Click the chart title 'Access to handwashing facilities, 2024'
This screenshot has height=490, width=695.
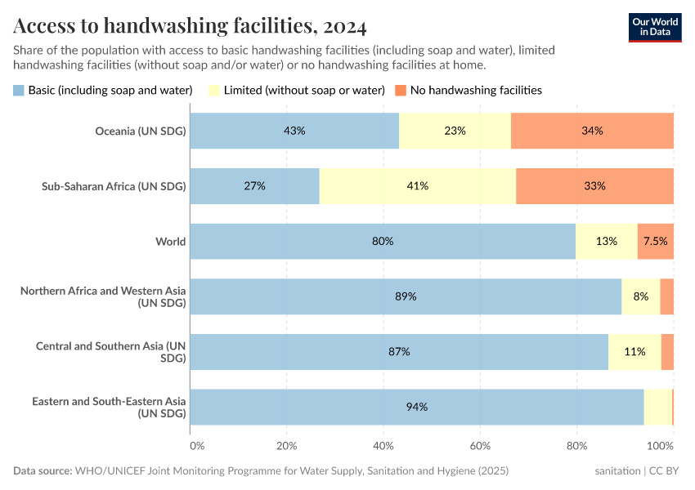point(190,26)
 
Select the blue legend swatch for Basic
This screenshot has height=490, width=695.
point(19,90)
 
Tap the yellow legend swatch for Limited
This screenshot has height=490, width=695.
point(215,90)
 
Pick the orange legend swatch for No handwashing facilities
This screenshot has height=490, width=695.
point(401,90)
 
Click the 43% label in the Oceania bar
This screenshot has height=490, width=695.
point(294,131)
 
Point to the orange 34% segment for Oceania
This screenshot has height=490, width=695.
point(592,131)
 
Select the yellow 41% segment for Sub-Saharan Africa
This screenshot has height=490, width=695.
point(418,186)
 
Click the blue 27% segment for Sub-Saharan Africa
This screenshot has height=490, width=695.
point(254,186)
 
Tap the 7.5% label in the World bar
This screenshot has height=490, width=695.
point(655,242)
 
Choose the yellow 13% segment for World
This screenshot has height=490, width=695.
point(606,242)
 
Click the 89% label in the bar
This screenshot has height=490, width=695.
point(406,296)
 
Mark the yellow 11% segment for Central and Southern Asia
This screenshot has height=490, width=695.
point(634,352)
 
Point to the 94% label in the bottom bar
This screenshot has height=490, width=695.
point(417,407)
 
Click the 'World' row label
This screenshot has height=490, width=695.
point(171,242)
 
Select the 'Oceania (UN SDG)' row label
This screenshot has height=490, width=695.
point(141,131)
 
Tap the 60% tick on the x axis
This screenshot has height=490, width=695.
point(480,446)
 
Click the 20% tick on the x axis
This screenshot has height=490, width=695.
point(286,446)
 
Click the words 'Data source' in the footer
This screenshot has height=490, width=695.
point(43,471)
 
